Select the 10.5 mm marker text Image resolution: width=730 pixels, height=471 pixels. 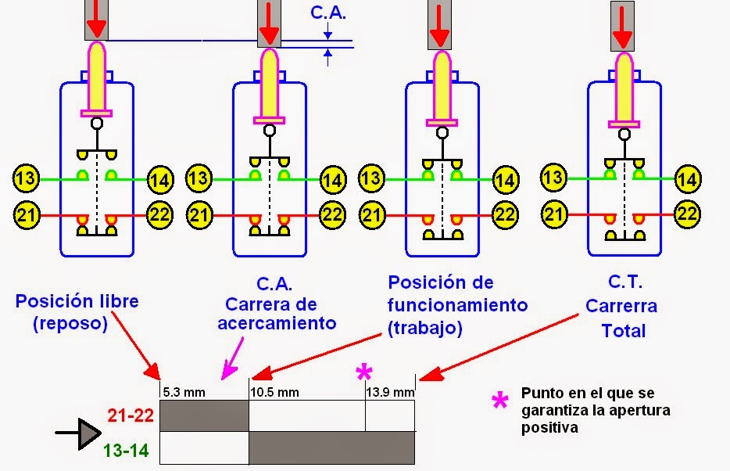point(274,392)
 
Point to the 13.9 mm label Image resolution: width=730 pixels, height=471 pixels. point(391,392)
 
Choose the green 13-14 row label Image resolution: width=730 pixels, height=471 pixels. point(128,450)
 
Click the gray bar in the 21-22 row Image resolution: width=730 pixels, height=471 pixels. point(203,415)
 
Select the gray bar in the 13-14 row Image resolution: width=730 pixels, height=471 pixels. point(332,448)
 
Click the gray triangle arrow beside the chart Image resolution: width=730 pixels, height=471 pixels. point(88,432)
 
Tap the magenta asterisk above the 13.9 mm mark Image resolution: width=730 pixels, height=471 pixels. point(363,372)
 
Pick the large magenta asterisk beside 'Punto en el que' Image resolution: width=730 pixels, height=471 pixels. point(499,402)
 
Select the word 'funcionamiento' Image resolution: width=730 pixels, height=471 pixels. point(457,304)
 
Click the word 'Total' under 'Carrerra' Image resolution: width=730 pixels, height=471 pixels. point(623,331)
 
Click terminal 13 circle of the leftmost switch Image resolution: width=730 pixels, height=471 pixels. point(25,178)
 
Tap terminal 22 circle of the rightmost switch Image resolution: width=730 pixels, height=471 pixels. point(687,213)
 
